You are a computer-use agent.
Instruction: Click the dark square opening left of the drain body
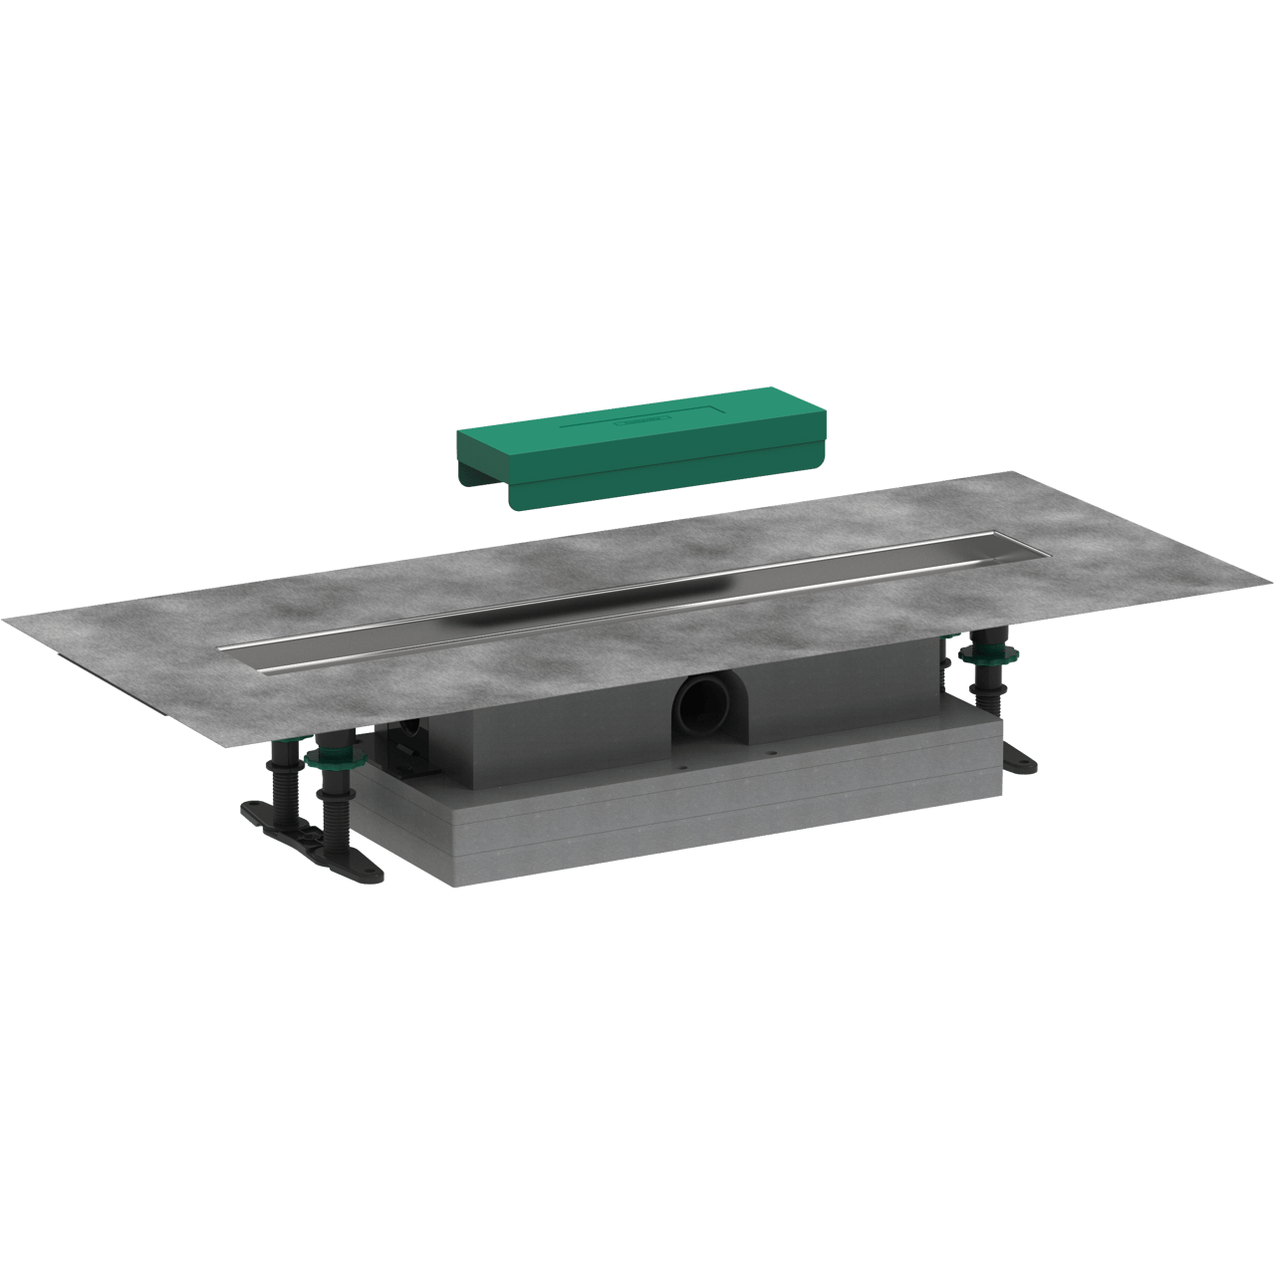[402, 742]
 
